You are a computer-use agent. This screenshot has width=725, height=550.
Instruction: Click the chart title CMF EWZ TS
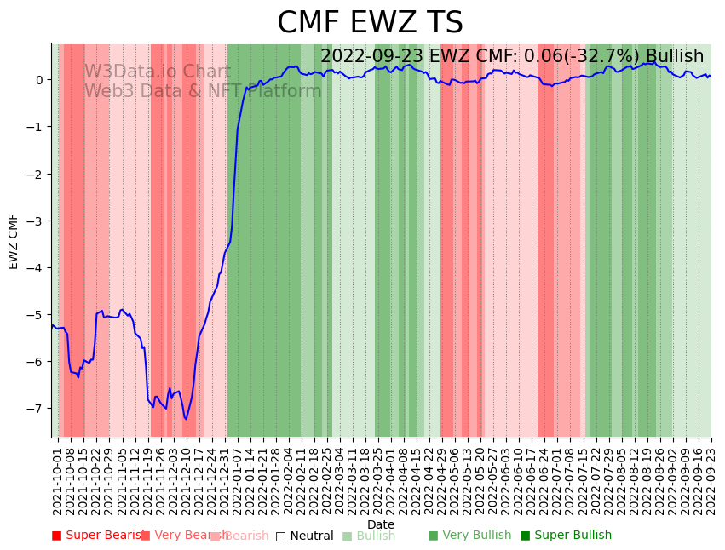tap(370, 23)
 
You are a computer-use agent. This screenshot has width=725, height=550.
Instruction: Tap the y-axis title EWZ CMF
tap(14, 241)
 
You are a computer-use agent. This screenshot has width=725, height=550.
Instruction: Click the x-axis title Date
tap(381, 524)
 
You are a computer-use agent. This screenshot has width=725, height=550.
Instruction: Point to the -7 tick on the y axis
tap(37, 409)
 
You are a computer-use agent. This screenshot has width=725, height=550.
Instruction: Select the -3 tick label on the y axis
tap(37, 221)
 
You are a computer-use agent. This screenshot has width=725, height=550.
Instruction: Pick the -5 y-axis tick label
tap(37, 315)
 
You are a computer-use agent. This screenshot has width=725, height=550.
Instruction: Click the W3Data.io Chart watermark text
tap(157, 72)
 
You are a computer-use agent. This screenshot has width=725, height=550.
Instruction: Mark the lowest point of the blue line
tap(186, 419)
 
